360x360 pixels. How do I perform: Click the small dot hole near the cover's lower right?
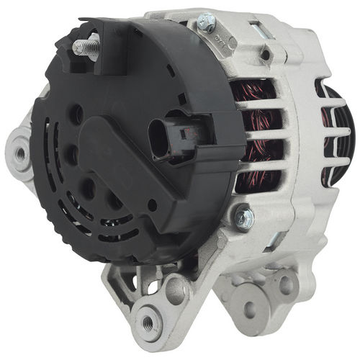153,207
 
